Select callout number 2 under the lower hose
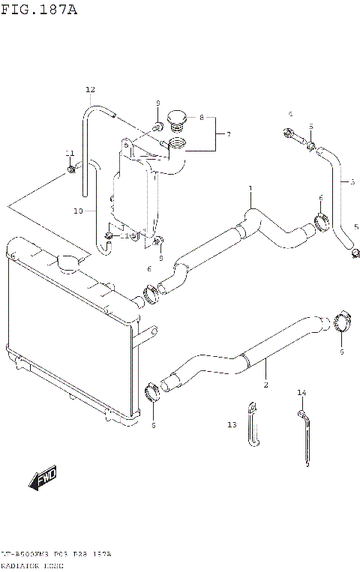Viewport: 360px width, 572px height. [x=265, y=385]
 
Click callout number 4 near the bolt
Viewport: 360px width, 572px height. [x=289, y=114]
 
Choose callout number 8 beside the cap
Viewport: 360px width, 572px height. [x=201, y=117]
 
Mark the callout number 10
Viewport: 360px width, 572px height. [x=78, y=211]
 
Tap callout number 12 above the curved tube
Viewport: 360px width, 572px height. [x=90, y=90]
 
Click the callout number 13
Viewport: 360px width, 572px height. [x=232, y=425]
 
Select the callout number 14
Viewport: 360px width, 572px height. [x=301, y=393]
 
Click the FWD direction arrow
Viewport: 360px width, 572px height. [x=44, y=478]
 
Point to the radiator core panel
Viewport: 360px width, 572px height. [x=64, y=337]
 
